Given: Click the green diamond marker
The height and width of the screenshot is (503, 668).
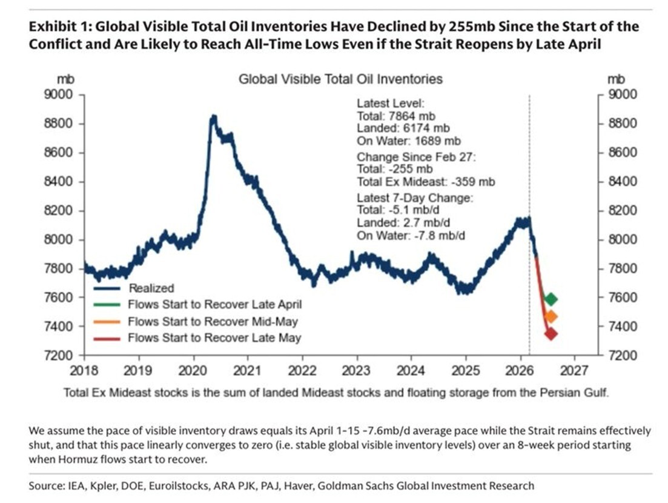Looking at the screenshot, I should (x=551, y=299).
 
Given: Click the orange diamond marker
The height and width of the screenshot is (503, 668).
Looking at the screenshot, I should (x=551, y=316).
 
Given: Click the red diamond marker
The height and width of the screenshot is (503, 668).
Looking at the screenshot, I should (x=551, y=333).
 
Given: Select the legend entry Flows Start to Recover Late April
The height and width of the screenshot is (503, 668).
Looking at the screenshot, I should (x=214, y=304).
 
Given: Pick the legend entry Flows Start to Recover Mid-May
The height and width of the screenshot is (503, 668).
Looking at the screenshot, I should (x=213, y=321).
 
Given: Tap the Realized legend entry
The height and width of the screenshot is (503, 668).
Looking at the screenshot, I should (x=151, y=288).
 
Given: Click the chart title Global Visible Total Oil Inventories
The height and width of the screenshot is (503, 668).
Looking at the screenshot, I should (x=340, y=79).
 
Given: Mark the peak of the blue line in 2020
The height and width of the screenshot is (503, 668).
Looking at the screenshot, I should (x=213, y=116).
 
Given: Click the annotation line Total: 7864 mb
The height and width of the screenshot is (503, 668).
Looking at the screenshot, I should (x=395, y=115).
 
